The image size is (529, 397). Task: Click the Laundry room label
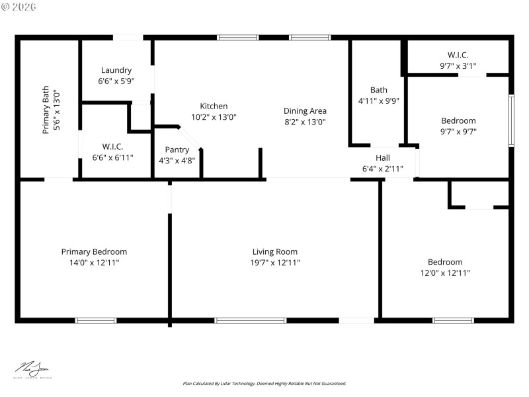pyautogui.click(x=116, y=70)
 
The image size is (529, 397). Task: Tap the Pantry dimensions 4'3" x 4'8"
pyautogui.click(x=177, y=161)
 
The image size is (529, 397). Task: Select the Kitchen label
pyautogui.click(x=214, y=106)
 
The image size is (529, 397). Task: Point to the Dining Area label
pyautogui.click(x=305, y=110)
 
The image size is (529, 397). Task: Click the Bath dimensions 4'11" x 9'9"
pyautogui.click(x=378, y=101)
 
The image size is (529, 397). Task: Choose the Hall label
pyautogui.click(x=383, y=157)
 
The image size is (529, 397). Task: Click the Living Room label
pyautogui.click(x=274, y=251)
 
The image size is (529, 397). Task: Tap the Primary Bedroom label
pyautogui.click(x=94, y=251)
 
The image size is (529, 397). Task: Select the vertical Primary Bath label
pyautogui.click(x=46, y=112)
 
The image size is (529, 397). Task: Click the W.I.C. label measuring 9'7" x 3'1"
pyautogui.click(x=458, y=55)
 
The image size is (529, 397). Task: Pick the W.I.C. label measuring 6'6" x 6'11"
pyautogui.click(x=112, y=146)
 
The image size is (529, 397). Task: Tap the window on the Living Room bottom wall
pyautogui.click(x=250, y=321)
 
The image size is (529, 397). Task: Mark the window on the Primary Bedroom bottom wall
pyautogui.click(x=96, y=321)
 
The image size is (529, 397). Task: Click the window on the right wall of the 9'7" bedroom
pyautogui.click(x=510, y=120)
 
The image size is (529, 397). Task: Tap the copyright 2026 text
pyautogui.click(x=19, y=7)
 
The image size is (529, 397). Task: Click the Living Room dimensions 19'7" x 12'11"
pyautogui.click(x=274, y=263)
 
